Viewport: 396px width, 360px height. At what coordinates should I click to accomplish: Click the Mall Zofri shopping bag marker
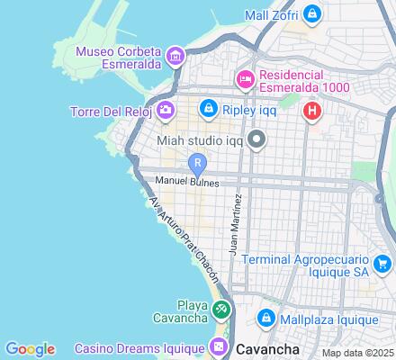311,14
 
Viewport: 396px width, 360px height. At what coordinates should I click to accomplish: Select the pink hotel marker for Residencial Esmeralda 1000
245,80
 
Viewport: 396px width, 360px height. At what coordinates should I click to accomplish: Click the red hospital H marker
311,111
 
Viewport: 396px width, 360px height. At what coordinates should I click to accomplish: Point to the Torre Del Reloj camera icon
166,111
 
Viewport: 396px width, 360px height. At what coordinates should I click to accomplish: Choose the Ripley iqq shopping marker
208,108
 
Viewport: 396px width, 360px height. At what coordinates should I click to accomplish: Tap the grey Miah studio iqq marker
257,139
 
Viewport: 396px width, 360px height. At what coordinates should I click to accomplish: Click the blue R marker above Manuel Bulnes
198,163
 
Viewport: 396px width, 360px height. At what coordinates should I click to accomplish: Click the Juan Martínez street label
235,224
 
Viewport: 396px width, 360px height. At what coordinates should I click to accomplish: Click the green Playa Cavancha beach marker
221,310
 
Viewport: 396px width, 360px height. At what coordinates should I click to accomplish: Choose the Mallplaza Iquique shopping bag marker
266,319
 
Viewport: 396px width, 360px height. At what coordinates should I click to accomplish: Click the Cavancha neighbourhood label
267,347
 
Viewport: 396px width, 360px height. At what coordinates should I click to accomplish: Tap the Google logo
30,349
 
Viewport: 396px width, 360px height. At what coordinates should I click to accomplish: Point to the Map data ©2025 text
358,353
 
